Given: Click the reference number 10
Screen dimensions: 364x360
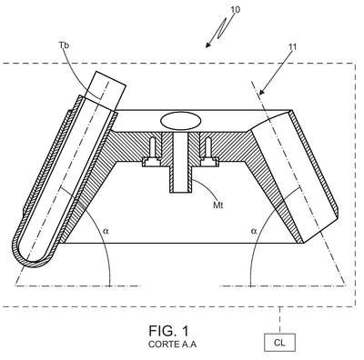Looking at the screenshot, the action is coord(235,10).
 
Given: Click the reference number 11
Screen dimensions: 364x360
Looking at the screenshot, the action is coord(292,47).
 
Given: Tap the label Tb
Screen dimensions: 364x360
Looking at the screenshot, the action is coord(64,45).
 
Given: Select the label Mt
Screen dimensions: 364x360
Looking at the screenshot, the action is coord(218,205).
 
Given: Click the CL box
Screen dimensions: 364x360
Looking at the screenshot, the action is coord(279,343).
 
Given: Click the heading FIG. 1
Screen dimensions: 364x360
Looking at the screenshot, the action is coord(168,330).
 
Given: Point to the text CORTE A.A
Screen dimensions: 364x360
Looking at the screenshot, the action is coord(172,345).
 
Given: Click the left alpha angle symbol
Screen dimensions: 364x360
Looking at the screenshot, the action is coord(106,231).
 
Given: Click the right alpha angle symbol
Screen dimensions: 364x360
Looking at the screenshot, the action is coord(254,231).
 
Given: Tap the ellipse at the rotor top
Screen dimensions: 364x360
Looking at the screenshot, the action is coord(181,121).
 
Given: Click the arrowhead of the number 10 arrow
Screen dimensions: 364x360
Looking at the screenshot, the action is coord(207,45).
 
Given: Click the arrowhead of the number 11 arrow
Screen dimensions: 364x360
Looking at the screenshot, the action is coord(260,91).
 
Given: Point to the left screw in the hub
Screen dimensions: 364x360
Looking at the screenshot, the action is coord(152,152).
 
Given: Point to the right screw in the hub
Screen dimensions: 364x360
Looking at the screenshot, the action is coord(209,152).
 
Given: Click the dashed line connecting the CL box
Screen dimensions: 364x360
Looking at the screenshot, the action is coord(279,320).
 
